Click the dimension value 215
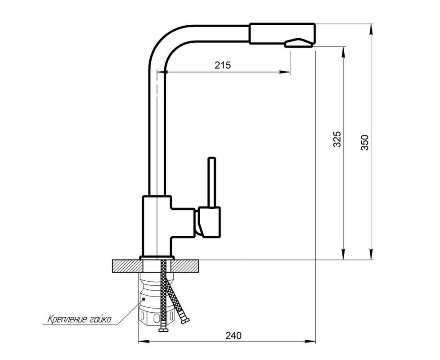click(223, 65)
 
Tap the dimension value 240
click(233, 336)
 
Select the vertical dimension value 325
click(337, 139)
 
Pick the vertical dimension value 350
click(364, 143)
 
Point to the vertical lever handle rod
click(211, 182)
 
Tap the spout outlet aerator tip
click(299, 43)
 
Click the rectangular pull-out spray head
click(282, 33)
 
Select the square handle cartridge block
click(209, 222)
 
